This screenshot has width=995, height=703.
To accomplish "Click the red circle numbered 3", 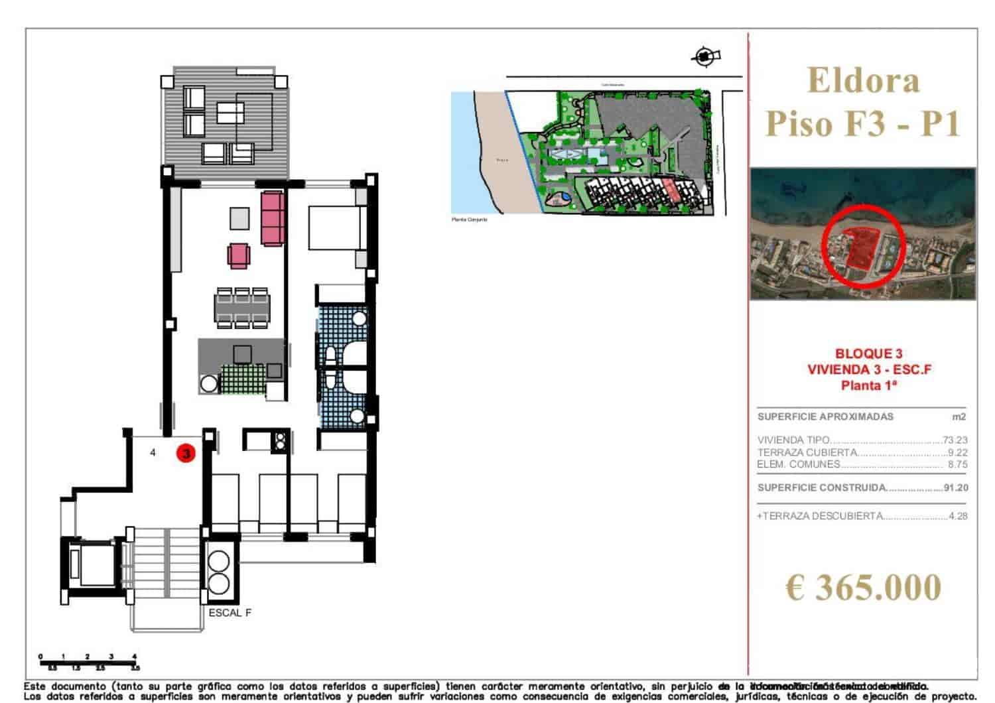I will (x=186, y=454).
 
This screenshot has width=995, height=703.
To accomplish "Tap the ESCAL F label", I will (x=230, y=613).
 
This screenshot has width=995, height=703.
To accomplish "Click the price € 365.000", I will (x=863, y=588).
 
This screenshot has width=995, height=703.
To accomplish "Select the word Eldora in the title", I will (x=863, y=81).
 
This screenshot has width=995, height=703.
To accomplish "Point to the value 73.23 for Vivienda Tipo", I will (x=955, y=440).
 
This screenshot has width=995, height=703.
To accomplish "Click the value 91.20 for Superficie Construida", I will (x=955, y=487).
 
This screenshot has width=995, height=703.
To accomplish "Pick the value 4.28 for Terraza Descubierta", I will (x=958, y=516).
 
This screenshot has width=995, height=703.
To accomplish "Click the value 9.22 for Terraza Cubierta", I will (x=957, y=452).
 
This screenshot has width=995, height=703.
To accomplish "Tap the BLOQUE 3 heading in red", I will (x=868, y=354).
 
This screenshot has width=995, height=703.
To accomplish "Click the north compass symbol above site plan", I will (x=704, y=57).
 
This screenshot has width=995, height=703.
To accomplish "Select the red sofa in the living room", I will (x=273, y=218).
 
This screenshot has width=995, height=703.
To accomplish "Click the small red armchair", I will (x=239, y=255).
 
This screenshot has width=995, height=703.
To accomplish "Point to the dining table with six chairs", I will (x=241, y=308).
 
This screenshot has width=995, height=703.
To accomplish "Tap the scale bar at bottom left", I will (x=88, y=661).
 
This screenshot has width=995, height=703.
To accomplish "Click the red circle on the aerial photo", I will (x=862, y=245).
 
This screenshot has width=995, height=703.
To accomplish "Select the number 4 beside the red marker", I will (x=153, y=453).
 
